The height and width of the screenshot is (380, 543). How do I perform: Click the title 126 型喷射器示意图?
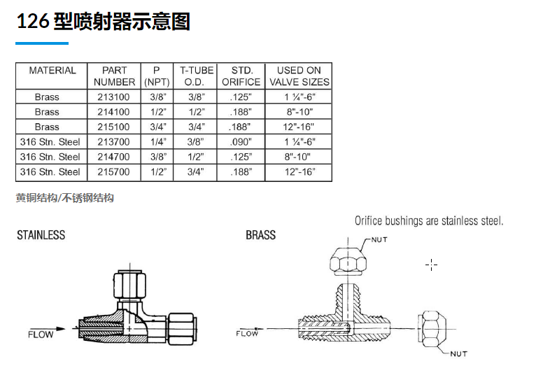point(104,22)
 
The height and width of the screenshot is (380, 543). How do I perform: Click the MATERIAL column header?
point(52,71)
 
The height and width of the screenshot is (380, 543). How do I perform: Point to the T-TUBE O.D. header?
point(195,76)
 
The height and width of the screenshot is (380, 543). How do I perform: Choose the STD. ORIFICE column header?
point(241,76)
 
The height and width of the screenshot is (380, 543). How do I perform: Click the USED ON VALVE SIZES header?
point(299,76)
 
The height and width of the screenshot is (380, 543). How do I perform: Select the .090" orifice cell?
point(241,142)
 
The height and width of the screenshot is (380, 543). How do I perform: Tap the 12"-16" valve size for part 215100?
point(299,127)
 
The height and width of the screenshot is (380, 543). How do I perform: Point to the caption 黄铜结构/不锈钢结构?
point(64,198)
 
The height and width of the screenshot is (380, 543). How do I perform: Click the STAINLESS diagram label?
point(41,235)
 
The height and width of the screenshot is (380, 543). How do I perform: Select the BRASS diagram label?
point(260,235)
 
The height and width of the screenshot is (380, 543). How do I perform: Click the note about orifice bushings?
point(429,221)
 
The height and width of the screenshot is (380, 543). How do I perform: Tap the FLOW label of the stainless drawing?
point(41,334)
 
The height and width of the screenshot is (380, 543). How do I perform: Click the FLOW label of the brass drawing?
point(247,333)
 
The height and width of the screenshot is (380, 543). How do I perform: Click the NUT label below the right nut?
point(458,354)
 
